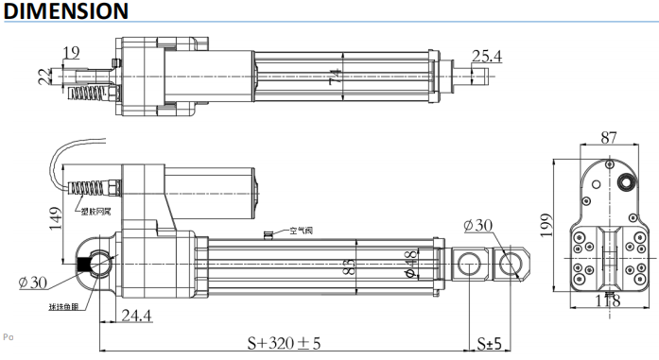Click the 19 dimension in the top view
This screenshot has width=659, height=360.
71,52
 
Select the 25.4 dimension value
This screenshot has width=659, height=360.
486,56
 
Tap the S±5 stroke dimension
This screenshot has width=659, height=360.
489,341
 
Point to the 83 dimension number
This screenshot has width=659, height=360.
347,266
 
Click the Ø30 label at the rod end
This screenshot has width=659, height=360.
479,226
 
